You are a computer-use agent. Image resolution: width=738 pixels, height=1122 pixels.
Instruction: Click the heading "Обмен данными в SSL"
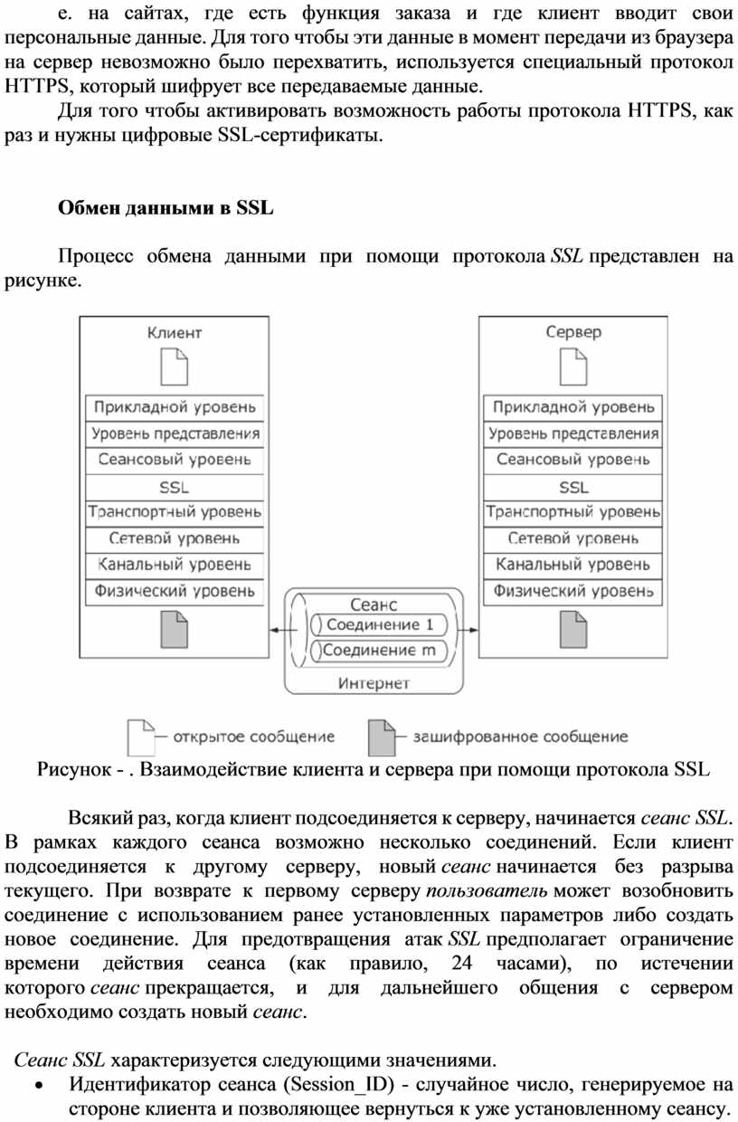click(x=166, y=207)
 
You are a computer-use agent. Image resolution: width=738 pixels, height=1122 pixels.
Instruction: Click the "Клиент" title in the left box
click(x=175, y=332)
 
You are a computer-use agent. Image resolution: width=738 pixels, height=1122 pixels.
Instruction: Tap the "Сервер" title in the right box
click(x=573, y=332)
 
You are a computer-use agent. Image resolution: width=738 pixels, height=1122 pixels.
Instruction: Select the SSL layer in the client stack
click(x=175, y=487)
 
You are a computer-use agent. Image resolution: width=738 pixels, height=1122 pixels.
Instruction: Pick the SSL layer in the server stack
click(x=573, y=487)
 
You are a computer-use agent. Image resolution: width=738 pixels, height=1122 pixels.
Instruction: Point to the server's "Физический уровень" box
click(x=573, y=592)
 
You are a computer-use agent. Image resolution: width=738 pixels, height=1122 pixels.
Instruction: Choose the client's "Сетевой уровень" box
click(x=175, y=538)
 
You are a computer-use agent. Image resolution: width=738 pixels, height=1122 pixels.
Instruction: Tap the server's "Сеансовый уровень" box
click(x=573, y=460)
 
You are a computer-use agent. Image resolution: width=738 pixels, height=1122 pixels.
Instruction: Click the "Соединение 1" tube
click(x=380, y=624)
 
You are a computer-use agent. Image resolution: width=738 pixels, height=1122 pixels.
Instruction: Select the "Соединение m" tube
click(x=380, y=650)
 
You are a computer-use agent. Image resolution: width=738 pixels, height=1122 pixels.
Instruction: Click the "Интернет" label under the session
click(x=374, y=683)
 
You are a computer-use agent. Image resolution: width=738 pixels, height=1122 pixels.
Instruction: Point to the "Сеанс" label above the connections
click(x=374, y=604)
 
